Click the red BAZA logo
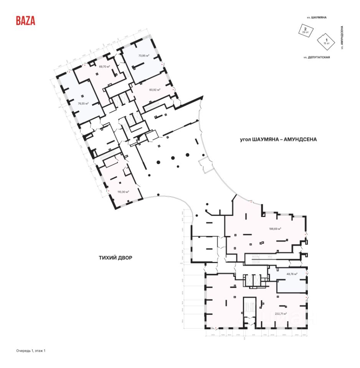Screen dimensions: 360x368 tap(25, 21)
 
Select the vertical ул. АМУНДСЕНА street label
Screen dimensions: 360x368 tap(342, 38)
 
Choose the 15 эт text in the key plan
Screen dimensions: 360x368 tap(326, 43)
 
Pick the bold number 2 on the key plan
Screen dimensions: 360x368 tap(305, 28)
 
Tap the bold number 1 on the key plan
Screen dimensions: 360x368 tap(326, 40)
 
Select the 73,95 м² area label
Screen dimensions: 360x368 tap(144, 55)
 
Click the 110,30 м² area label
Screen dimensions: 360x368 tap(123, 192)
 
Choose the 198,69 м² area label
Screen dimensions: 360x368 tap(275, 229)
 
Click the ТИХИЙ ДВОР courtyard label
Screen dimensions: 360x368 tap(115, 258)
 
